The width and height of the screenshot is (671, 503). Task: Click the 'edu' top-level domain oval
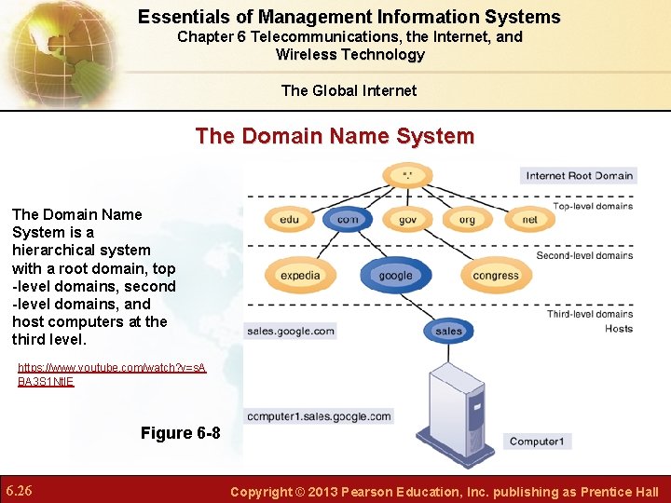click(x=290, y=220)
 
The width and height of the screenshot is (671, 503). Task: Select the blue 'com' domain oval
click(x=348, y=220)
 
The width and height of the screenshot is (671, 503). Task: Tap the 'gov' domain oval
click(x=407, y=220)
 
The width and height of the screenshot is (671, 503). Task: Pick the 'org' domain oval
click(x=467, y=220)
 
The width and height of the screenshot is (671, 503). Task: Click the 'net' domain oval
click(x=529, y=220)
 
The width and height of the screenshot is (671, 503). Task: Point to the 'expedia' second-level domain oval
click(x=300, y=275)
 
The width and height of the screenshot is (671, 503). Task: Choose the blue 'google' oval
click(x=395, y=275)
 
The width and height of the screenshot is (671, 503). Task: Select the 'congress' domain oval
click(x=495, y=275)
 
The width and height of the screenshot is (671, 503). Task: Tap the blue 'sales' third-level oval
click(x=448, y=330)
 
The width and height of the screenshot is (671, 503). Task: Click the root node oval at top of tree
click(x=406, y=175)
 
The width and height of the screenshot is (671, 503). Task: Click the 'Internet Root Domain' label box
click(x=579, y=175)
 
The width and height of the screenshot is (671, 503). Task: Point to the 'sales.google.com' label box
click(x=290, y=330)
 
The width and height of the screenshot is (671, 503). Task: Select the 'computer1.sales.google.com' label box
click(x=318, y=416)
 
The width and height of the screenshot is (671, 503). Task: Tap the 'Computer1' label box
click(x=538, y=442)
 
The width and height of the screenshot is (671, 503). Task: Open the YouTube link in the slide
click(x=112, y=374)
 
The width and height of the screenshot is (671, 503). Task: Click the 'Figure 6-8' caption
click(x=180, y=433)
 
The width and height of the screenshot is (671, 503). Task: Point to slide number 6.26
click(x=20, y=490)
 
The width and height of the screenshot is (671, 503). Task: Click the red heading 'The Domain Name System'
click(x=335, y=136)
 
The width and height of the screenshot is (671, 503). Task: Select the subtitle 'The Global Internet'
click(x=349, y=90)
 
